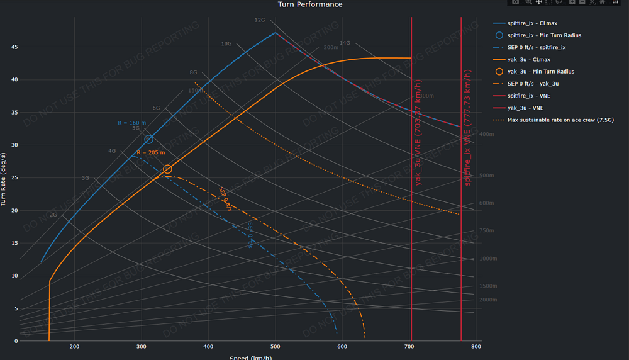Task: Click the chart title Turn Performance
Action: tap(310, 4)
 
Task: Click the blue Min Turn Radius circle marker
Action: tap(148, 140)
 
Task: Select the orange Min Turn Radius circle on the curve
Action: tap(167, 169)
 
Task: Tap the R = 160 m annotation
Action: tap(131, 123)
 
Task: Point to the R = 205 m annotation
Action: tap(151, 153)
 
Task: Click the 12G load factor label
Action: tap(260, 20)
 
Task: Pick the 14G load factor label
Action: tap(345, 43)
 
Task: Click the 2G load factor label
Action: tap(53, 215)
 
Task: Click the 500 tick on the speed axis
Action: tap(275, 347)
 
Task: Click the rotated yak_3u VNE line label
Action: tap(418, 133)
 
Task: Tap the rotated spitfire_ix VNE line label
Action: tap(468, 133)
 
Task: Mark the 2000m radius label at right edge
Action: tap(487, 300)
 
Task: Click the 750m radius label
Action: tap(486, 231)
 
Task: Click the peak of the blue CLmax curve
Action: tap(276, 33)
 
